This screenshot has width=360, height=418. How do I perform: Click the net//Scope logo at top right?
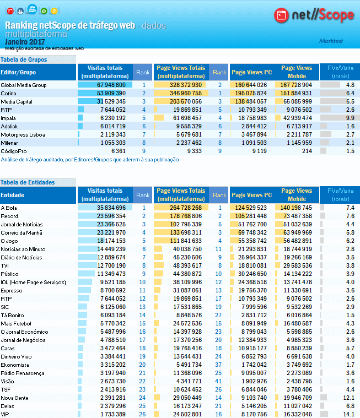[x=314, y=15]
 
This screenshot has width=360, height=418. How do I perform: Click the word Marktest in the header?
[x=331, y=41]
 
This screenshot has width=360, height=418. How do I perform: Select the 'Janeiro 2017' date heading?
[x=25, y=42]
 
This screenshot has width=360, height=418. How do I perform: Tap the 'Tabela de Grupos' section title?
[x=24, y=59]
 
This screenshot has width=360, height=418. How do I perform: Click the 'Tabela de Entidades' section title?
[x=28, y=182]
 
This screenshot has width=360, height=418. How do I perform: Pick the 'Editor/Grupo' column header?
[x=19, y=72]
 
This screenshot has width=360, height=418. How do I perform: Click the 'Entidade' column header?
[x=12, y=195]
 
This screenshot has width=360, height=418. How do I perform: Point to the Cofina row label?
[x=8, y=94]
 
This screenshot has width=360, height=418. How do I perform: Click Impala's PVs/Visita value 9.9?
[x=350, y=118]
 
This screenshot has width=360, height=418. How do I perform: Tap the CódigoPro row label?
[x=13, y=150]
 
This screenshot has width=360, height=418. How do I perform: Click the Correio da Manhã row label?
[x=20, y=232]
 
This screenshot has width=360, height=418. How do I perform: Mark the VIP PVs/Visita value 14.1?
[x=349, y=414]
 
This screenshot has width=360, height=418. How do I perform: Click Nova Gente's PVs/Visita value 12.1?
[x=349, y=398]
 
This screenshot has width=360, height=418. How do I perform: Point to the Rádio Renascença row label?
[x=23, y=373]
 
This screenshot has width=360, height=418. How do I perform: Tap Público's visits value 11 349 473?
[x=111, y=274]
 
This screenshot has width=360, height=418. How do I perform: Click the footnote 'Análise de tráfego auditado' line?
[x=90, y=160]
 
